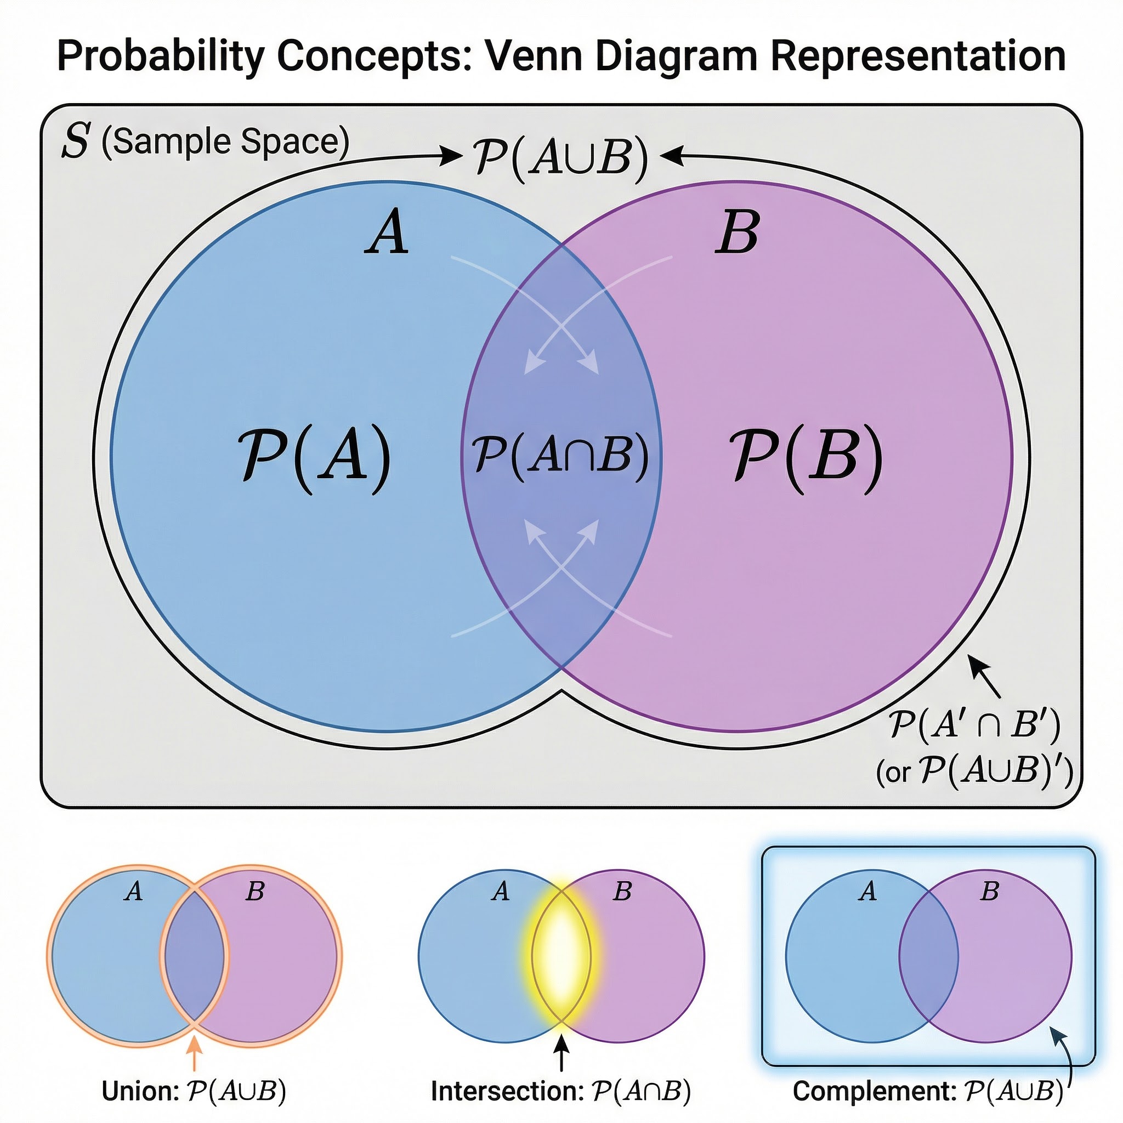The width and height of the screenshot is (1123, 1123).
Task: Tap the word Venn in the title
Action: click(532, 56)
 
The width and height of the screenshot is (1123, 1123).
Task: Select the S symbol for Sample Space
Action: click(76, 141)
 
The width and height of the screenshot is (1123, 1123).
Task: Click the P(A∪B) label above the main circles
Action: click(560, 157)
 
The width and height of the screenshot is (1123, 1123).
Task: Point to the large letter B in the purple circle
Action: click(737, 232)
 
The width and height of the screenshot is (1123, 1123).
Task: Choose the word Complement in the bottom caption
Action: click(874, 1091)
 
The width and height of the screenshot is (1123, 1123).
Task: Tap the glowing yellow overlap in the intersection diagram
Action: click(561, 956)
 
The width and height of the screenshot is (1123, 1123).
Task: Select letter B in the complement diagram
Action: click(989, 891)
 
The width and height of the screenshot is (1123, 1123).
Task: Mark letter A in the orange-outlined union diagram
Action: click(134, 891)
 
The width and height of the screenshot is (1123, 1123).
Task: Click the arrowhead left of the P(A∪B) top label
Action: click(451, 156)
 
